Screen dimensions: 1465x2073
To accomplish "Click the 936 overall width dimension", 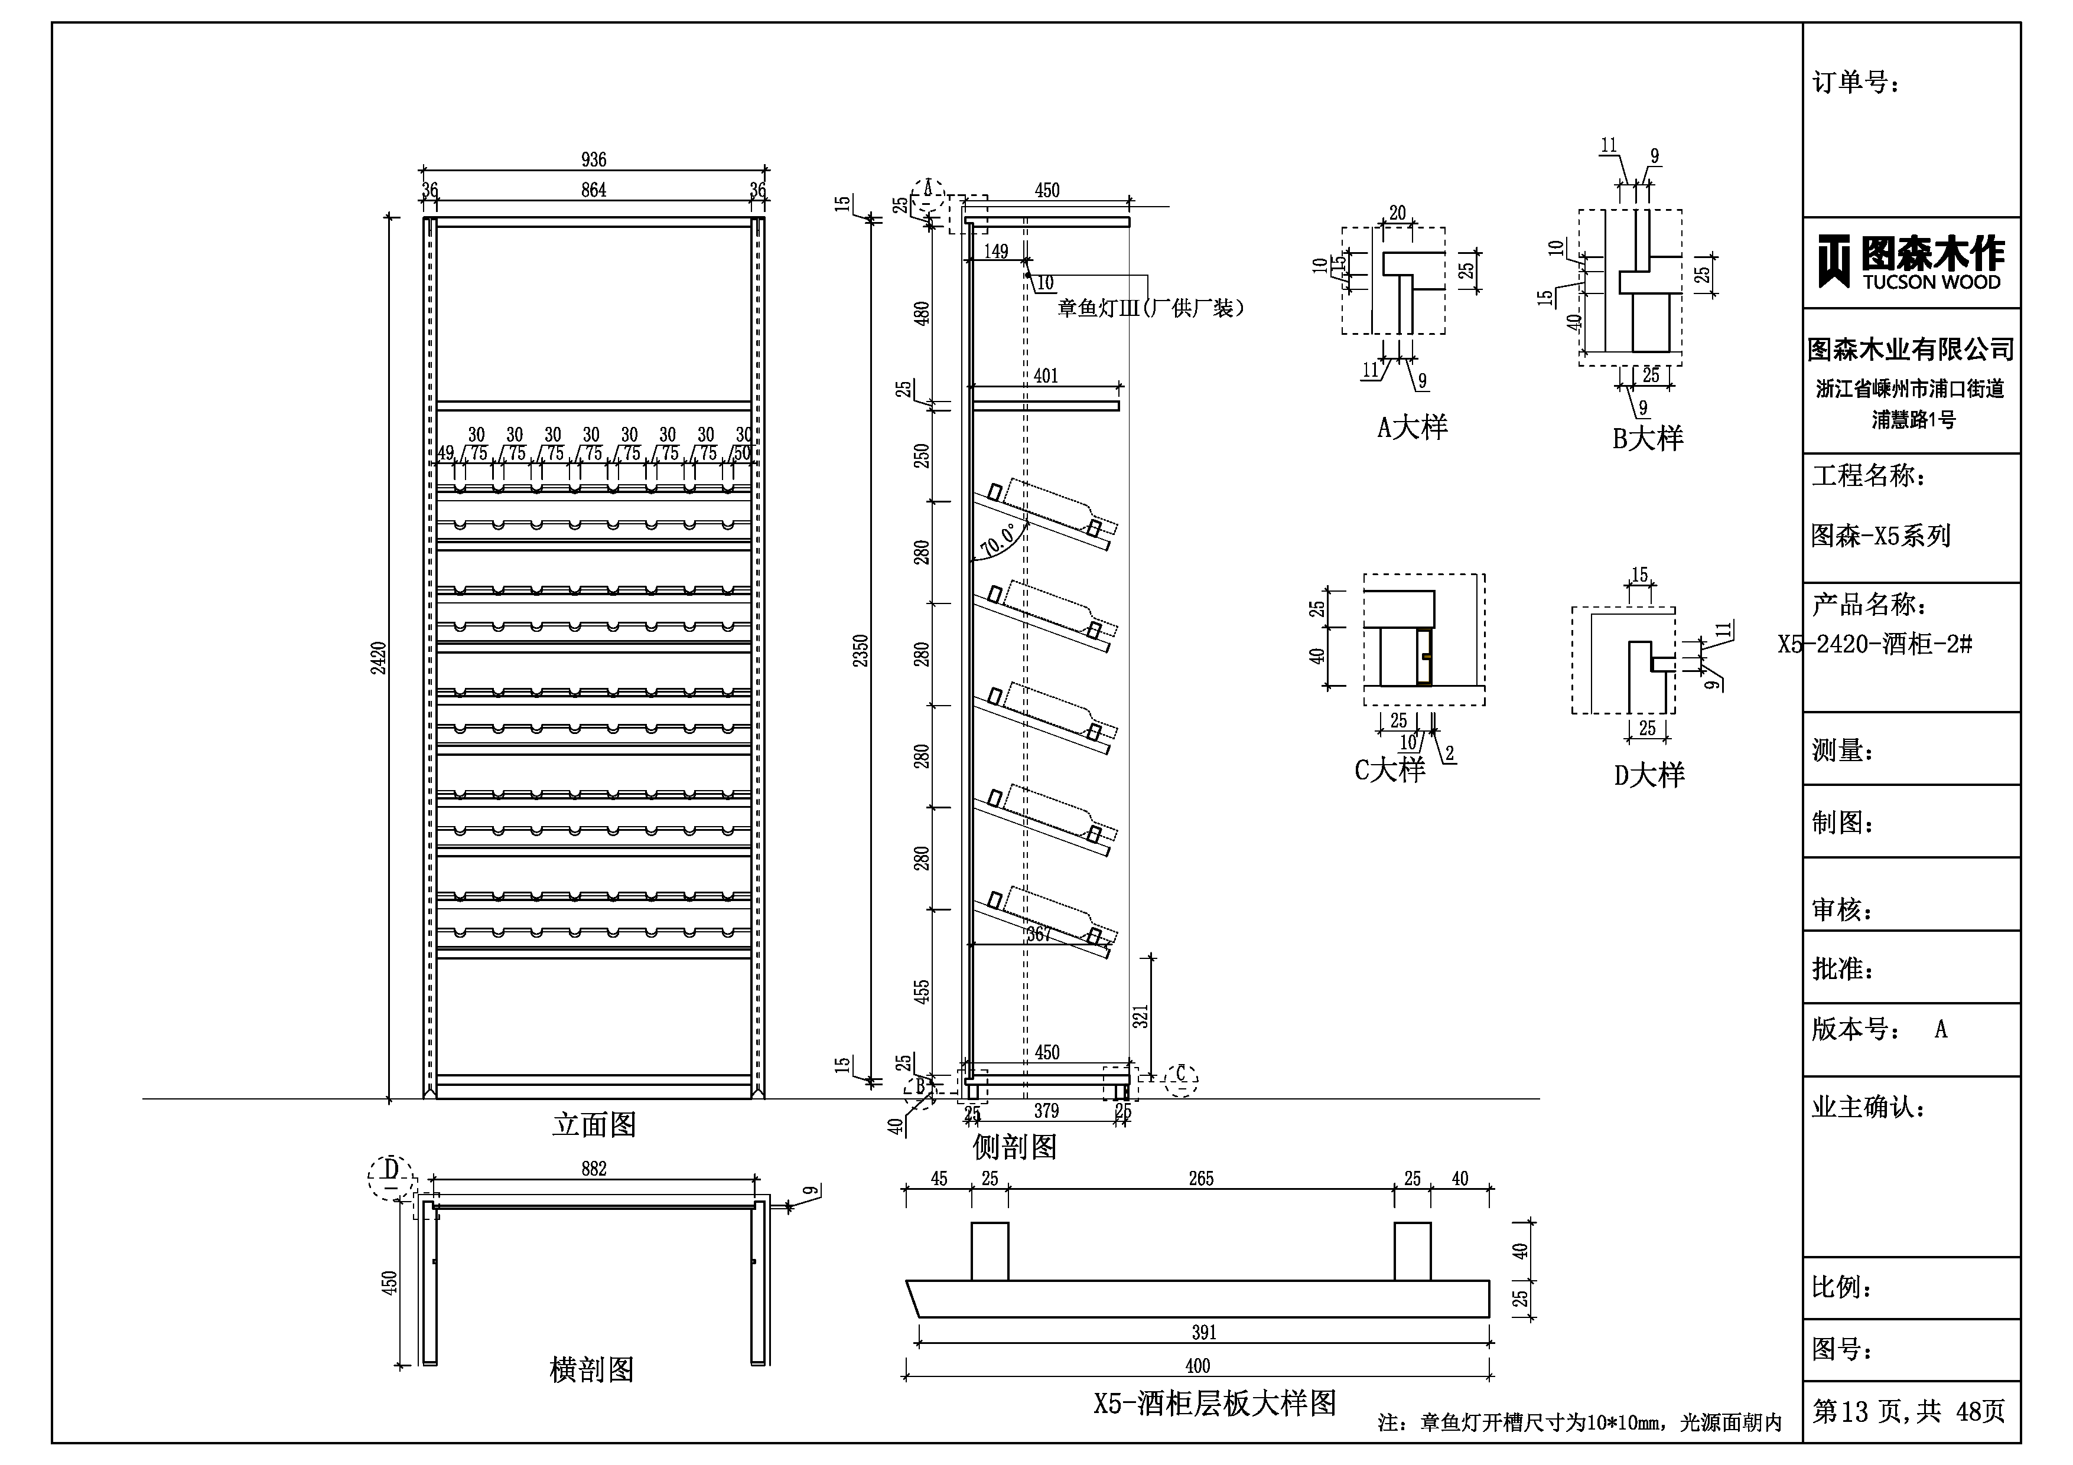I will coord(593,160).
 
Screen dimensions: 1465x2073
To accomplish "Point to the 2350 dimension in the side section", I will coord(860,650).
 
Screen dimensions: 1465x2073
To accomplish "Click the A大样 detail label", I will coord(1412,427).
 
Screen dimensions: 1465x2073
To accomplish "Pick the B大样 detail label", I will coord(1648,439).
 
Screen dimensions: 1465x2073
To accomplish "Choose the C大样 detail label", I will coord(1389,770).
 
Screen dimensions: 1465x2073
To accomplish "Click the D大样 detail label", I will coord(1649,775).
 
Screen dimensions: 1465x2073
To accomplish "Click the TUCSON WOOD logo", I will coord(1911,263).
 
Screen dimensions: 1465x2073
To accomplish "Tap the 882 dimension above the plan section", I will coord(593,1169).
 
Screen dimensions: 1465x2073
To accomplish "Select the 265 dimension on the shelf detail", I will coord(1201,1179).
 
